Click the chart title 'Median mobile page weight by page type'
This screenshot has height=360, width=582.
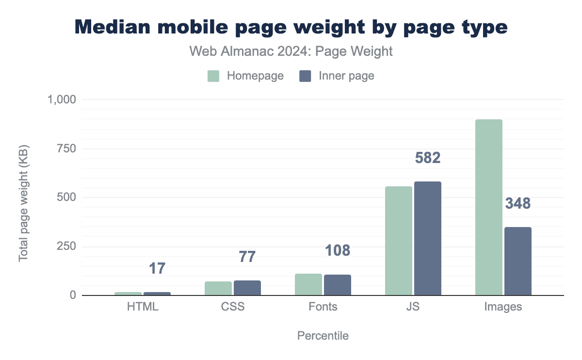click(291, 27)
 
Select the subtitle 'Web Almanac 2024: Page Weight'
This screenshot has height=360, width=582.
click(291, 52)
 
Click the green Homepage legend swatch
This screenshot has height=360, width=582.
click(214, 76)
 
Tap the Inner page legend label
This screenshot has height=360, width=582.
click(346, 76)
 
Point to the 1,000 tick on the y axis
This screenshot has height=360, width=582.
click(62, 99)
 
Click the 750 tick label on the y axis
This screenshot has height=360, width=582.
click(66, 148)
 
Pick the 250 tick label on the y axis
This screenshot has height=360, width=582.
click(66, 246)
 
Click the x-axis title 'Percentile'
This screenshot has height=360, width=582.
click(323, 336)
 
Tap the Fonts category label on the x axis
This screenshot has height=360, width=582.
click(323, 307)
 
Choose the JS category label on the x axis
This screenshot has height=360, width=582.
click(413, 307)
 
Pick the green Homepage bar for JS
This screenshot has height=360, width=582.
click(399, 241)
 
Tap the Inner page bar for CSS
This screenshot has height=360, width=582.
click(247, 288)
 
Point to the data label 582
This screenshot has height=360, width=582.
click(428, 159)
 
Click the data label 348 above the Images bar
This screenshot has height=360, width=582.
click(518, 204)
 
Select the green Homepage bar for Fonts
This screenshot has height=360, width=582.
click(308, 284)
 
